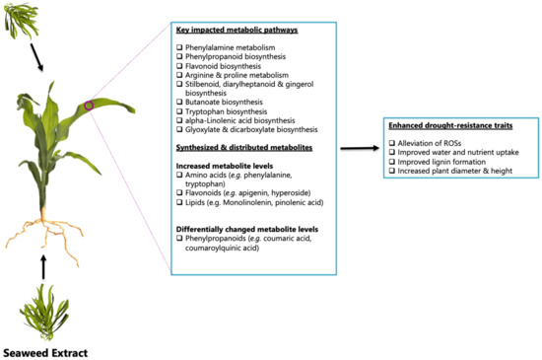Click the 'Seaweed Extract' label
click(x=45, y=353)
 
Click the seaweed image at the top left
click(x=21, y=21)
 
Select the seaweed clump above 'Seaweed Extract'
click(x=45, y=313)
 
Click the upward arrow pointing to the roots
click(x=43, y=267)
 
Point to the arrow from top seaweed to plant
click(x=36, y=57)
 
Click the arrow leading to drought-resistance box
click(x=360, y=148)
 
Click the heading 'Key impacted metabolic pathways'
click(x=237, y=31)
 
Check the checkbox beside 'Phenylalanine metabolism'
click(x=179, y=47)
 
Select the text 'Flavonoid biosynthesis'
click(x=223, y=66)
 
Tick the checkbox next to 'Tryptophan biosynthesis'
click(x=179, y=111)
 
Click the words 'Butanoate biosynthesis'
click(x=224, y=102)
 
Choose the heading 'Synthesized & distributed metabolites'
click(x=244, y=148)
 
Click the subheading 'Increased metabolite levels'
click(x=225, y=166)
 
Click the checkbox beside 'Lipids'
click(x=179, y=202)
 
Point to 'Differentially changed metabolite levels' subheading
click(x=247, y=229)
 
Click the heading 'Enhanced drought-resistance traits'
click(x=450, y=125)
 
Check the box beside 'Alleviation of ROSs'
click(x=391, y=143)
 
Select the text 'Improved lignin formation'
click(x=441, y=162)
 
